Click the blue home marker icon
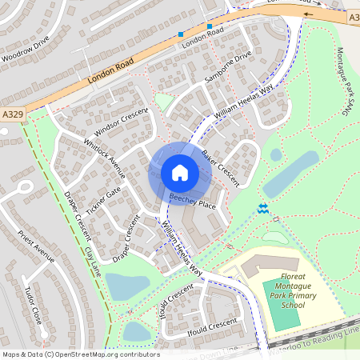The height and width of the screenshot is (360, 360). click(180, 172)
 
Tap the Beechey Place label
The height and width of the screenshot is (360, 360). click(192, 201)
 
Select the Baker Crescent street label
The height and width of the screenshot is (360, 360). click(221, 168)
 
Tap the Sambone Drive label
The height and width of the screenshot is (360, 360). click(228, 66)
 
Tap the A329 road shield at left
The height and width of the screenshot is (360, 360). click(12, 114)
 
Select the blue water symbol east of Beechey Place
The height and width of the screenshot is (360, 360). click(263, 209)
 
